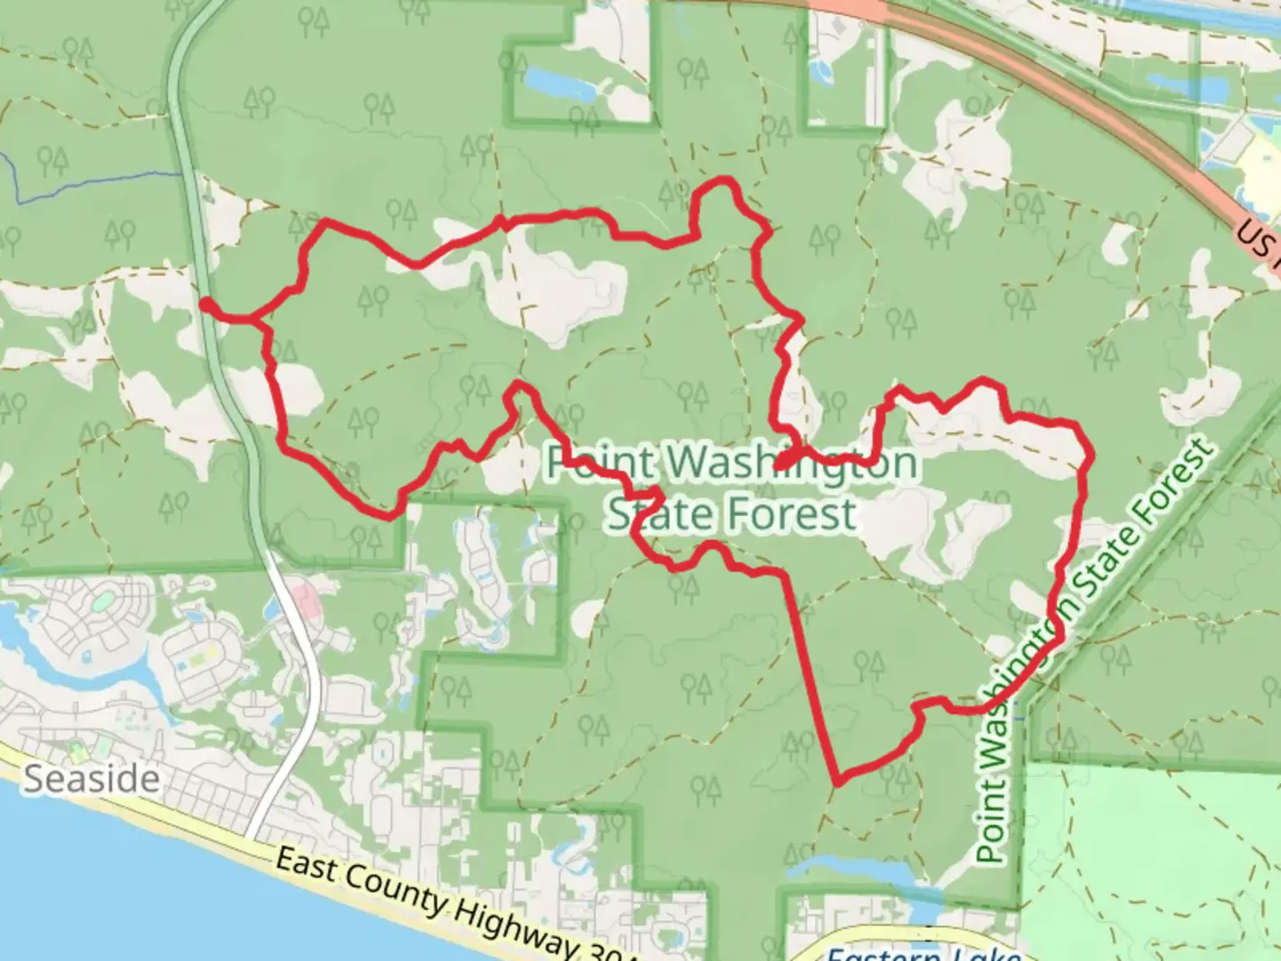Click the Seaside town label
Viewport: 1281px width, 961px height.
(92, 779)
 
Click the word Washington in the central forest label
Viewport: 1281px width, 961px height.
(792, 463)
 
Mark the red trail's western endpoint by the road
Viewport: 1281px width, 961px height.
(205, 304)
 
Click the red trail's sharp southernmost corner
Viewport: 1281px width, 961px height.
(837, 782)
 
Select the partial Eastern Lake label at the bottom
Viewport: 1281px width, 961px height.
(921, 954)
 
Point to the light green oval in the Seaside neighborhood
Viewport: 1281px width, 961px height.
(102, 601)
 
